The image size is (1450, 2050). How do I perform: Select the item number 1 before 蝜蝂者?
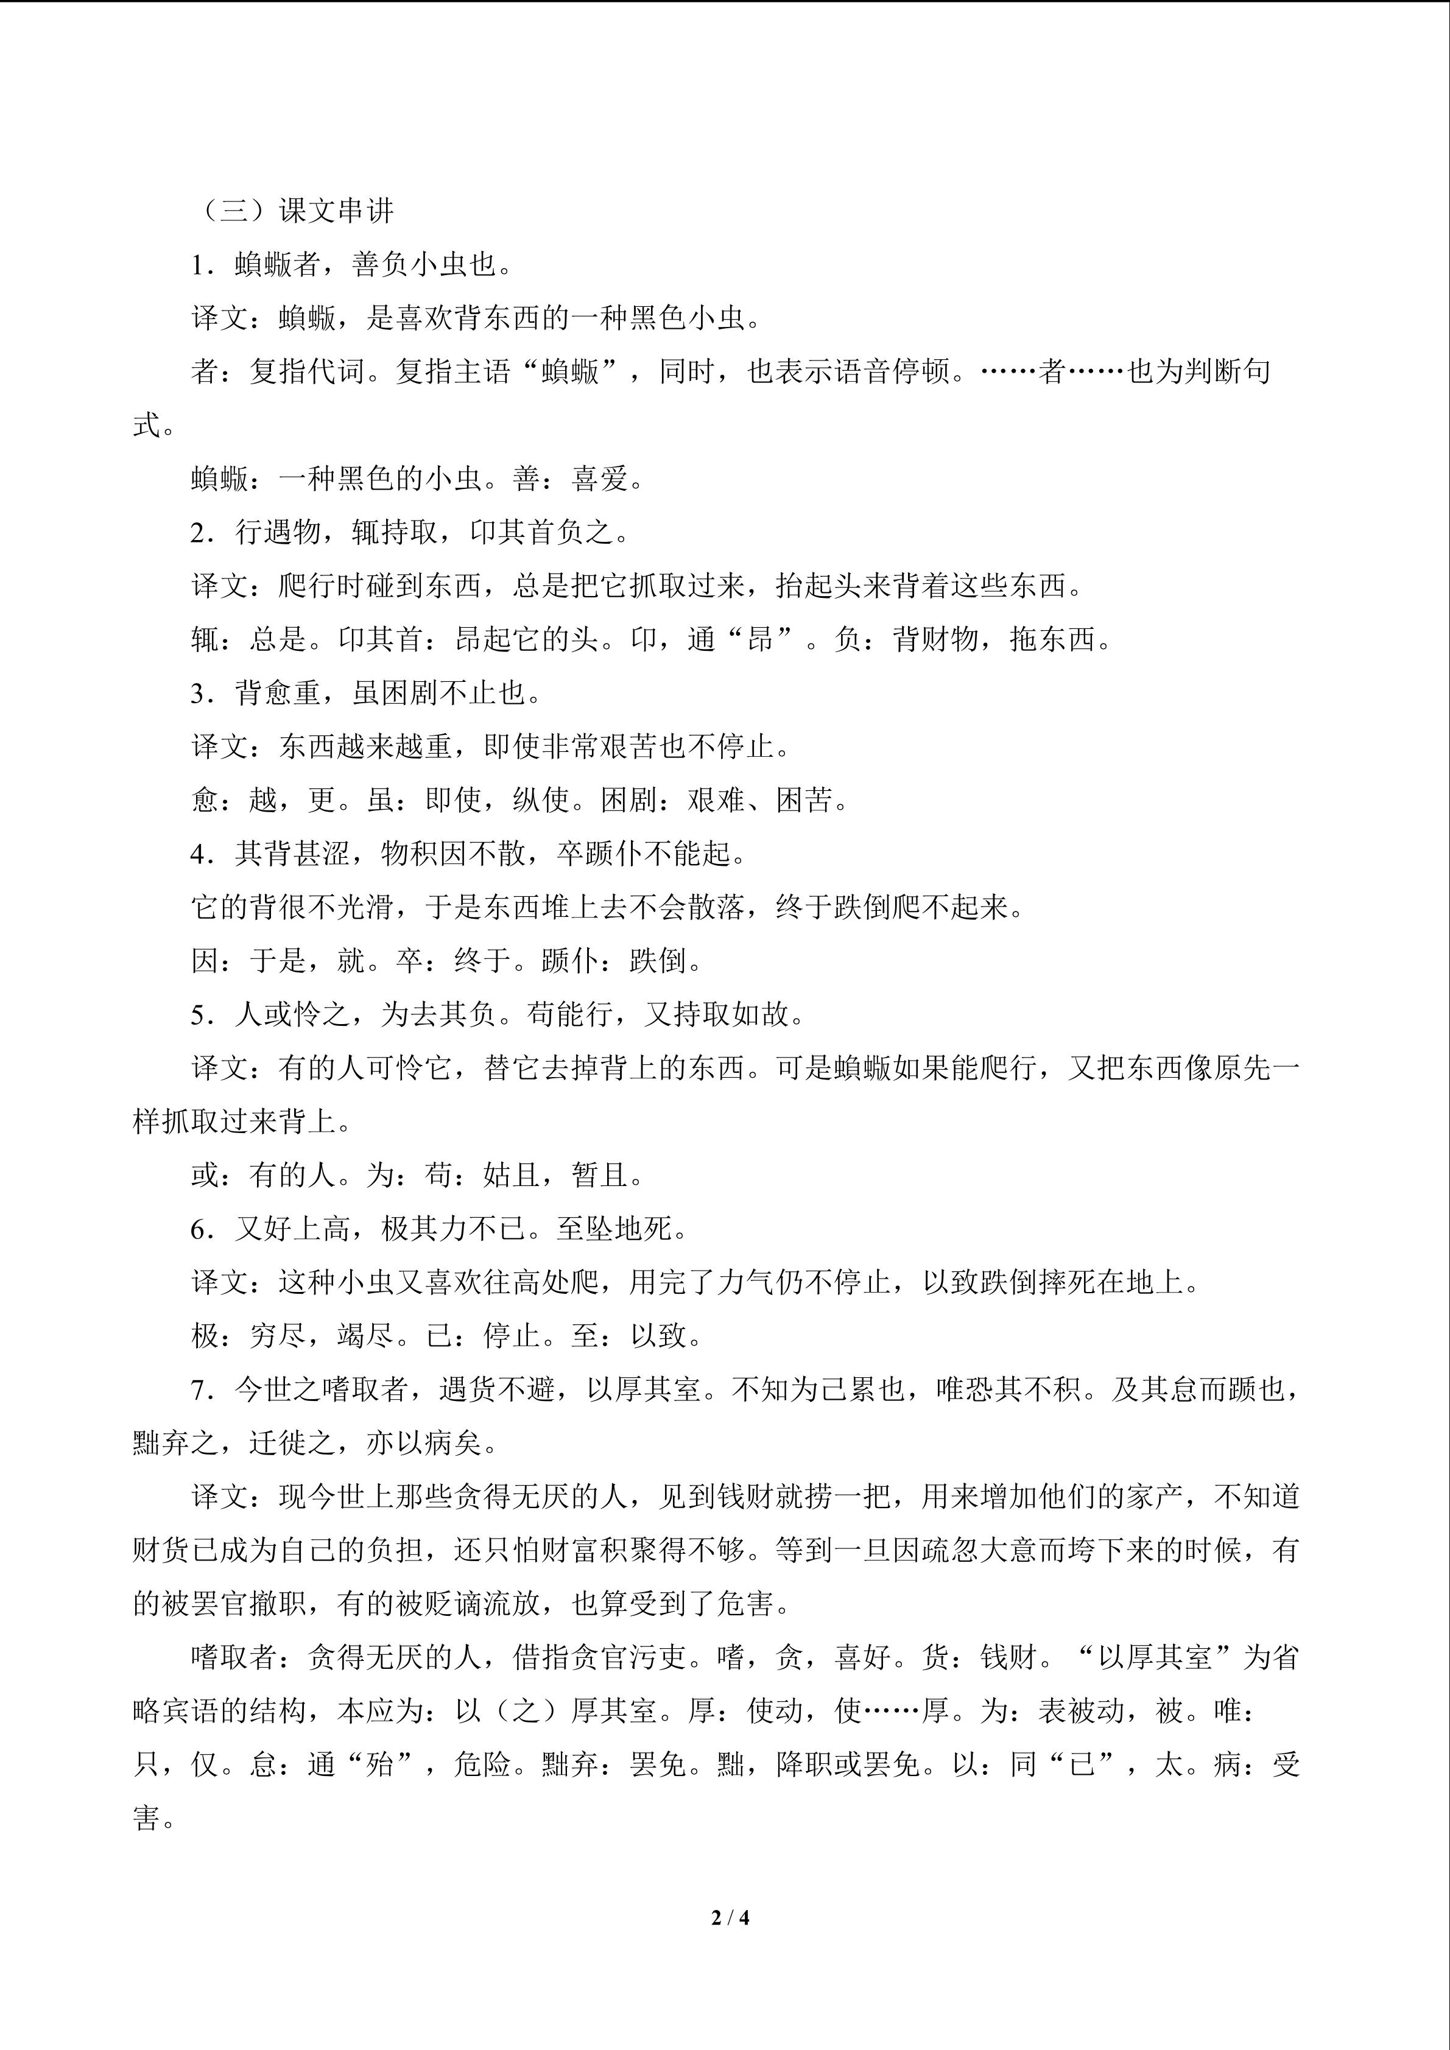[x=198, y=265]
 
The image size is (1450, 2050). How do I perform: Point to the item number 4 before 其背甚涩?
[x=198, y=854]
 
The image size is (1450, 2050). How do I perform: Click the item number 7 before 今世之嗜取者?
[x=198, y=1389]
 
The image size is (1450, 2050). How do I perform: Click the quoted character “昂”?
[x=762, y=640]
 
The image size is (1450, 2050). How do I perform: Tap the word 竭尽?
[x=365, y=1336]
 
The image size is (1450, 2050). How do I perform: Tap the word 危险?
[x=482, y=1764]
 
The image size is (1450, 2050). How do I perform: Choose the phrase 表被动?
[x=1081, y=1711]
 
